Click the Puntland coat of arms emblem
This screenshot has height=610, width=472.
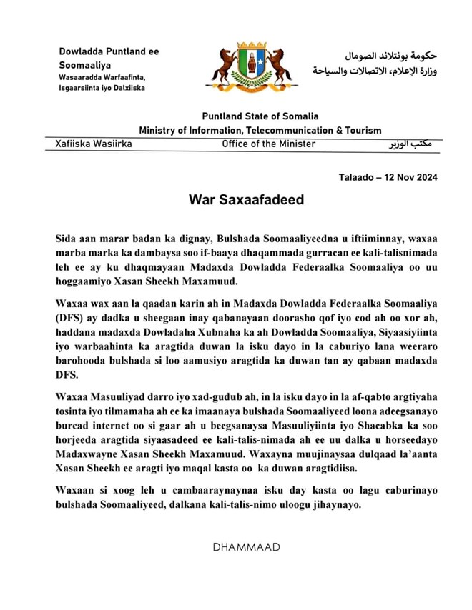252,69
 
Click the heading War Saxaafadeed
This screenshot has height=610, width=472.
246,199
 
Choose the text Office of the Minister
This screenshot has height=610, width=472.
268,144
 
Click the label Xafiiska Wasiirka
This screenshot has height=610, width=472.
94,144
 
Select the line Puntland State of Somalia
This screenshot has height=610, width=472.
260,116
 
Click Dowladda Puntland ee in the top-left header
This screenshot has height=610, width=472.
109,51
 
